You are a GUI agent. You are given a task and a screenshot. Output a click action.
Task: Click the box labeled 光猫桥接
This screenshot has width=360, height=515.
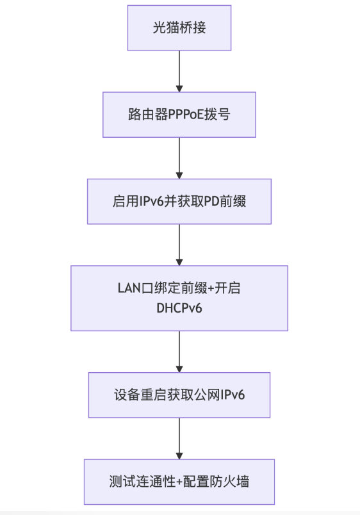pyautogui.click(x=179, y=28)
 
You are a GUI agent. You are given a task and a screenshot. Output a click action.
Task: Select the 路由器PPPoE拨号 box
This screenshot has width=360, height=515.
pyautogui.click(x=179, y=115)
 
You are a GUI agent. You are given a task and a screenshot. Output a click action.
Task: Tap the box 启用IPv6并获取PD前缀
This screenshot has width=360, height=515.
pyautogui.click(x=179, y=202)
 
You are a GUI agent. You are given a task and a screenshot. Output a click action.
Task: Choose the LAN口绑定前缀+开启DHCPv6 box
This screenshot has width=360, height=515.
pyautogui.click(x=179, y=298)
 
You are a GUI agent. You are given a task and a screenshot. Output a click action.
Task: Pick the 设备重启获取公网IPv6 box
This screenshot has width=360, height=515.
pyautogui.click(x=179, y=395)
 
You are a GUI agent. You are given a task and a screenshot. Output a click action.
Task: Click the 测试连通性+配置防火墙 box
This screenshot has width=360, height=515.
pyautogui.click(x=179, y=482)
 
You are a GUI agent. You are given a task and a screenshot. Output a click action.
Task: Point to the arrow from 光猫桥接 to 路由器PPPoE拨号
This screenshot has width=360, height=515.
pyautogui.click(x=179, y=71)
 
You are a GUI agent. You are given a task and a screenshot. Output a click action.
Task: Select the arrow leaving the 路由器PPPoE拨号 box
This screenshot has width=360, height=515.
pyautogui.click(x=179, y=158)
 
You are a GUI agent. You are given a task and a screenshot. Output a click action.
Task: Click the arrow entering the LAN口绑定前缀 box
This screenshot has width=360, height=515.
pyautogui.click(x=179, y=245)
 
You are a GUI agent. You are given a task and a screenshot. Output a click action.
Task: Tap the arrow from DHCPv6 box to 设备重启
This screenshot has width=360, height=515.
pyautogui.click(x=179, y=352)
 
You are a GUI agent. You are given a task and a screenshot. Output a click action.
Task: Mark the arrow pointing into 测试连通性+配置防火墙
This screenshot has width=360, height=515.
pyautogui.click(x=179, y=439)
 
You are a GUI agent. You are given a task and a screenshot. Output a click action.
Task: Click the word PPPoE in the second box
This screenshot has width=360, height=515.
pyautogui.click(x=186, y=115)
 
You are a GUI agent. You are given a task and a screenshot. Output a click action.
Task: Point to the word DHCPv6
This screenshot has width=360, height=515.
pyautogui.click(x=179, y=308)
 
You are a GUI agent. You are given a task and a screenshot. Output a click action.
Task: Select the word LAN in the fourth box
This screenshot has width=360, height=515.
pyautogui.click(x=129, y=288)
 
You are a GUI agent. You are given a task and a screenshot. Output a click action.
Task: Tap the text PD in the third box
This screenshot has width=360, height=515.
pyautogui.click(x=212, y=202)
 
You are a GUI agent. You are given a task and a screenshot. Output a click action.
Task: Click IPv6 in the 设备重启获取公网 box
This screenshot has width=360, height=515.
pyautogui.click(x=233, y=395)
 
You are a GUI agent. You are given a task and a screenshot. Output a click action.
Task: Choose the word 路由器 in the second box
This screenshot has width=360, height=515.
pyautogui.click(x=148, y=115)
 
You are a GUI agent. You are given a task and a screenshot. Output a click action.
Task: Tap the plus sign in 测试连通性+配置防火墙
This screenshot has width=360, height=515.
pyautogui.click(x=179, y=482)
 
